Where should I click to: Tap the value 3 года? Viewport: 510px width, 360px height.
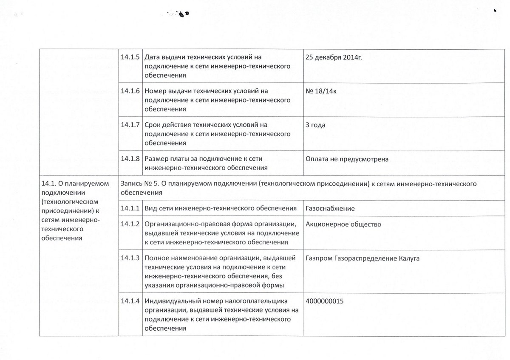tap(315, 125)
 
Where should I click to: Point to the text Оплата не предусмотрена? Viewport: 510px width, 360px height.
tap(347, 159)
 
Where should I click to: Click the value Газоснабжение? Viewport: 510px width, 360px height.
tap(330, 208)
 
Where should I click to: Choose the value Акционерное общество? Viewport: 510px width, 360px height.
tap(343, 224)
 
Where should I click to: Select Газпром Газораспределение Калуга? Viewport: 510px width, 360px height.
tap(363, 258)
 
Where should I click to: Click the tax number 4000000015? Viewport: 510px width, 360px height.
tap(324, 301)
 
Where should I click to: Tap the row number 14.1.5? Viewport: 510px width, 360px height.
tap(130, 57)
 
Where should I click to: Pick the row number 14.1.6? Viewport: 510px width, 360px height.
tap(130, 91)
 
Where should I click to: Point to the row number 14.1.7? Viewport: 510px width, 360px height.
tap(130, 125)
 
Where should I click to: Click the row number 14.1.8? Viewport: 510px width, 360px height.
tap(130, 159)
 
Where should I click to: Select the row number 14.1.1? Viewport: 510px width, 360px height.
tap(130, 208)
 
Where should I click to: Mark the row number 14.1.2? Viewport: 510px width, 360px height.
tap(130, 224)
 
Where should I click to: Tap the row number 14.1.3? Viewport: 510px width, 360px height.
tap(130, 258)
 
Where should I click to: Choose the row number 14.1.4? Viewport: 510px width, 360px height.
tap(130, 301)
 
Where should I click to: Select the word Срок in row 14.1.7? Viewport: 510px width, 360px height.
tap(153, 125)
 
